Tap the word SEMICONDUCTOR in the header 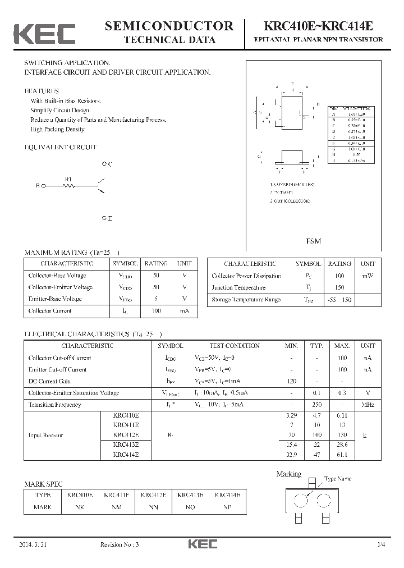169,26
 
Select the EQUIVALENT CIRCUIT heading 61,148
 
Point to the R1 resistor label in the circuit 68,180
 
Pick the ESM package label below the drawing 314,241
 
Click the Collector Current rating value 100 156,311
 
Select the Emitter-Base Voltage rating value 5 156,299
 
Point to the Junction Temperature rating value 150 339,288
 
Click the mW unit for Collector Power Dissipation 368,276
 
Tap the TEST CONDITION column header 235,346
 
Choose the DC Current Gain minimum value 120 291,381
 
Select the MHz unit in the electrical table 368,405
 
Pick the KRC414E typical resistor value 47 318,455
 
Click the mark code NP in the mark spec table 227,507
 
